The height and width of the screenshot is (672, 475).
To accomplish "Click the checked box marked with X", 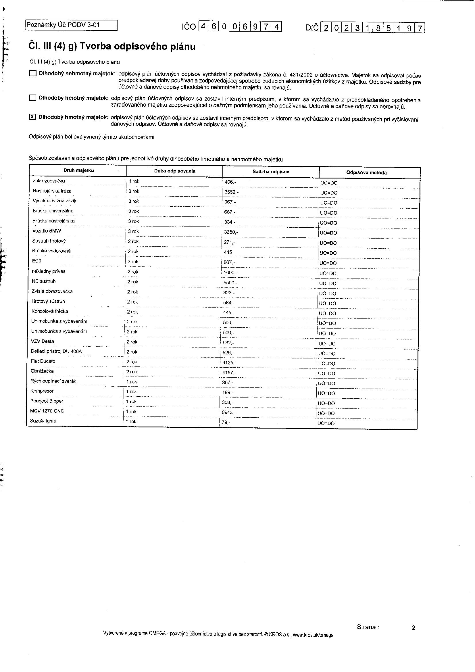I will [32, 117].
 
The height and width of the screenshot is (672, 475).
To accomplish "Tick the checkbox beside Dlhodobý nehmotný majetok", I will [33, 73].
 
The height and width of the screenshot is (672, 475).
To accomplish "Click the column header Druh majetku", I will [79, 170].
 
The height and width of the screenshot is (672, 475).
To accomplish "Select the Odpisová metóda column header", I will [366, 172].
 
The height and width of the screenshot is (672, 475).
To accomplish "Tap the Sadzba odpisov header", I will [271, 172].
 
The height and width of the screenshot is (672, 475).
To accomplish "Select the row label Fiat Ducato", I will [43, 361].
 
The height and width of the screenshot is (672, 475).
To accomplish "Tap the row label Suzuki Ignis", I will [43, 421].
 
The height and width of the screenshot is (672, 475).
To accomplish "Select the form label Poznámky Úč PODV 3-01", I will [63, 25].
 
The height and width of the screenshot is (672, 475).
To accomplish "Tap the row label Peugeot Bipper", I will [47, 401].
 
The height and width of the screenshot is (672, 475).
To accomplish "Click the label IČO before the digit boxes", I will [189, 27].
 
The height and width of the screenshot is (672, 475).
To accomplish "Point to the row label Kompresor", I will [42, 391].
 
